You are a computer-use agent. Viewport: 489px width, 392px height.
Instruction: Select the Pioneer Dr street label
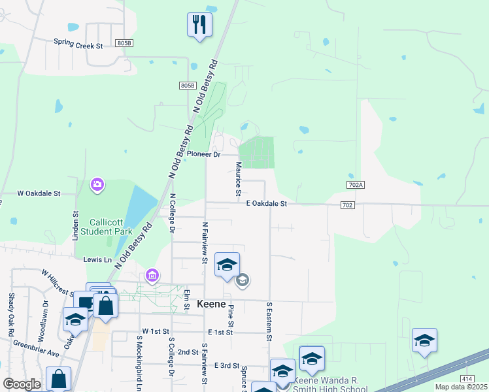coord(204,154)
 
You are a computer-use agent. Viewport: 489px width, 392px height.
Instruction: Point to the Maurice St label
coord(239,178)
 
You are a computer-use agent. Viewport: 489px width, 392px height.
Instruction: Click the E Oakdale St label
coord(267,204)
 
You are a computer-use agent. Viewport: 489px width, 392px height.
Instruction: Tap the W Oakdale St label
coord(39,193)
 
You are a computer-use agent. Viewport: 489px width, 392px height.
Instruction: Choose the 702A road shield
coord(356,186)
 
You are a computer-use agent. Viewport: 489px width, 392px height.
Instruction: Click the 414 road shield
coord(467,379)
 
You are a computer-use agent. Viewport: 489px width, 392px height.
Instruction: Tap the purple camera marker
coord(97,185)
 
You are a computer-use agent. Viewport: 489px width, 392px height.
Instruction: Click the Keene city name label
coord(212,304)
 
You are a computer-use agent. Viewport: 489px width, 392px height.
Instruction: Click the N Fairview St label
coord(205,242)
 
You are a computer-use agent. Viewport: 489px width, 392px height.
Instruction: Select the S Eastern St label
coord(268,321)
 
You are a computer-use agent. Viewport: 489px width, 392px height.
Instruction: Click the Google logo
coord(22,384)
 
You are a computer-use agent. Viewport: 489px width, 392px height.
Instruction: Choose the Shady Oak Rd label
coord(11,314)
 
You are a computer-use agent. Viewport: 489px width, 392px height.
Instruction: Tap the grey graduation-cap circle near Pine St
coord(243,280)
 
